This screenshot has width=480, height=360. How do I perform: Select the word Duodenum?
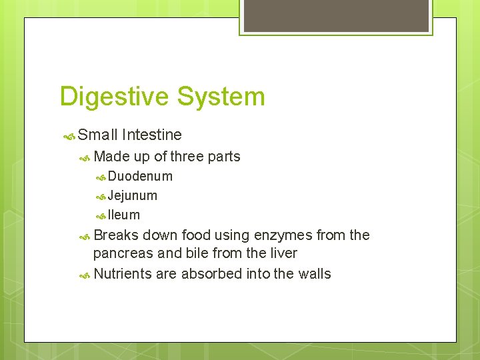(140, 177)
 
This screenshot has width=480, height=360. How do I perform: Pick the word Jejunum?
(133, 196)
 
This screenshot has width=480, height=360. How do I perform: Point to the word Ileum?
(124, 215)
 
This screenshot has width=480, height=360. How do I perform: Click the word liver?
(281, 253)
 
